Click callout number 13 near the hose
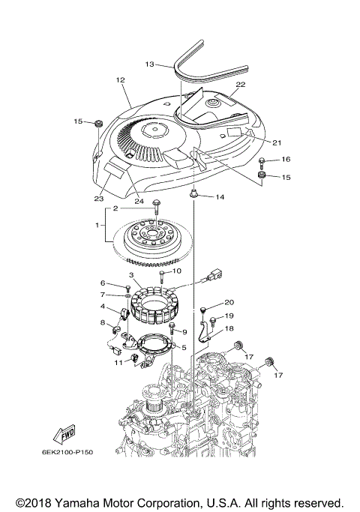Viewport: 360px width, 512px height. [149, 64]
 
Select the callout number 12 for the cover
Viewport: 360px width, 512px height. [119, 79]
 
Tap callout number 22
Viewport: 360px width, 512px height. [241, 85]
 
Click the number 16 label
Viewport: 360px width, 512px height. [286, 160]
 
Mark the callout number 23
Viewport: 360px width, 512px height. [98, 199]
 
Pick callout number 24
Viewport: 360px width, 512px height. [138, 200]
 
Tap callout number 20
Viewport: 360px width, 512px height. [229, 302]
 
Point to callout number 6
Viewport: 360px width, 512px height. [103, 283]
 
